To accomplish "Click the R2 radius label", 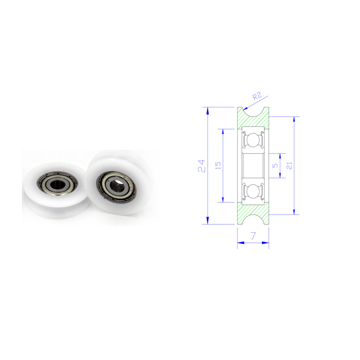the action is point(257,96).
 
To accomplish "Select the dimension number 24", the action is point(201,166).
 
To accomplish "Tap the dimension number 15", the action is point(218,165).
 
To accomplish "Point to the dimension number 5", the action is point(275,165).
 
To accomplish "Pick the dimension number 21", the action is point(289,165).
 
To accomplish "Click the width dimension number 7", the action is point(253,236).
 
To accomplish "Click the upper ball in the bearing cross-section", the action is point(253,140).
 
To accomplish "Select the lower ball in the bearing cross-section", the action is point(253,191).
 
